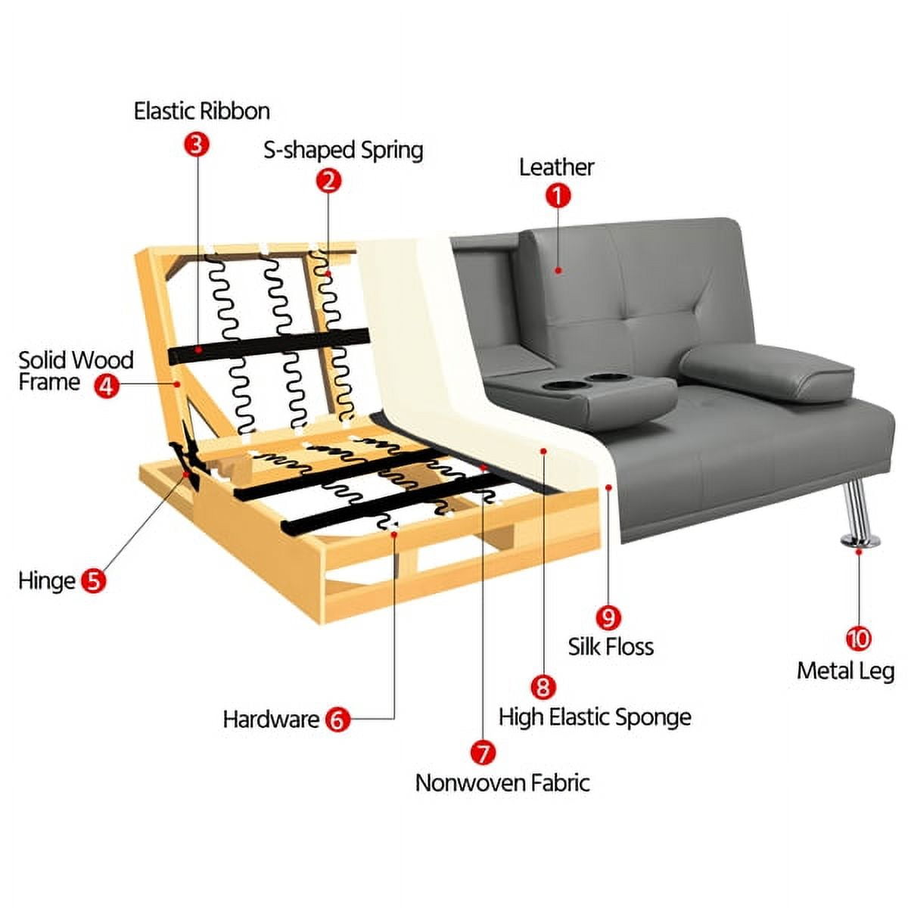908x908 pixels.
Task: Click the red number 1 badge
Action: tap(558, 195)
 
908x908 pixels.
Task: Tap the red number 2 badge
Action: tap(328, 181)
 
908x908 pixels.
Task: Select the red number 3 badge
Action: tap(197, 145)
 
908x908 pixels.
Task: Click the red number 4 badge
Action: tap(107, 386)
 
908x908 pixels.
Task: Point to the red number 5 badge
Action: tap(93, 580)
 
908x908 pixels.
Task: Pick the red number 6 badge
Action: tap(337, 719)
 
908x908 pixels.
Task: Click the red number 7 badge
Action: tap(483, 752)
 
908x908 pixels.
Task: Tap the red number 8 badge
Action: tap(543, 686)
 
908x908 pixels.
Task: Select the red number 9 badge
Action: tap(608, 617)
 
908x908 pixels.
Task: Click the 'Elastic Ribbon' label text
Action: tap(202, 111)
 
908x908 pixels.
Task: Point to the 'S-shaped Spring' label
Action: tap(343, 151)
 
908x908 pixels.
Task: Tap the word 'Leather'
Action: tap(556, 167)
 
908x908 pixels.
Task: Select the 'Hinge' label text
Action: tap(47, 581)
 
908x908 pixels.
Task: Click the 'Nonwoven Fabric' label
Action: tap(502, 783)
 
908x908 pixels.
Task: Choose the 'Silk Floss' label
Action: tap(611, 646)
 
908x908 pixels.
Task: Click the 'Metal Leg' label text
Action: tap(845, 671)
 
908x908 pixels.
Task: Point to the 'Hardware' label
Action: tap(272, 720)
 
